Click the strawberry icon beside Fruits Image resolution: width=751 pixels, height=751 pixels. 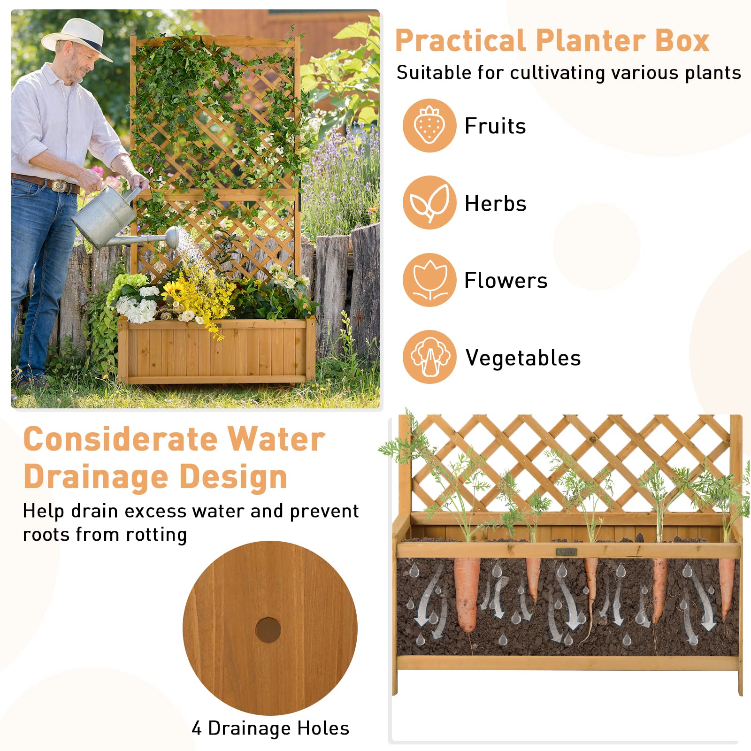click(429, 125)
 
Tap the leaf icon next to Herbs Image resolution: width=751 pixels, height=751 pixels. click(429, 203)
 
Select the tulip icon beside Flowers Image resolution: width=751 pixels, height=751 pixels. click(429, 280)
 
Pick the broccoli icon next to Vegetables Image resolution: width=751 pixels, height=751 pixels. click(429, 357)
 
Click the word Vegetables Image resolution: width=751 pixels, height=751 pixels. click(523, 358)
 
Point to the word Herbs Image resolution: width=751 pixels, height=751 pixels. click(495, 203)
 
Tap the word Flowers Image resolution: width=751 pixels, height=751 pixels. click(506, 281)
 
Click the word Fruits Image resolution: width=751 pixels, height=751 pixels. click(495, 126)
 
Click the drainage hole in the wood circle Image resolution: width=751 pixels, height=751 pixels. click(268, 630)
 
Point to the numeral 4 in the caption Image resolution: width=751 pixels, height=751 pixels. click(197, 728)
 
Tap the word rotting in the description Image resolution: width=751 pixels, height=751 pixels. click(157, 535)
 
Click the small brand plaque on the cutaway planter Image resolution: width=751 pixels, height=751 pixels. click(566, 552)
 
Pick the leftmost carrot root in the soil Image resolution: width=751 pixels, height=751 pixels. click(467, 594)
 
